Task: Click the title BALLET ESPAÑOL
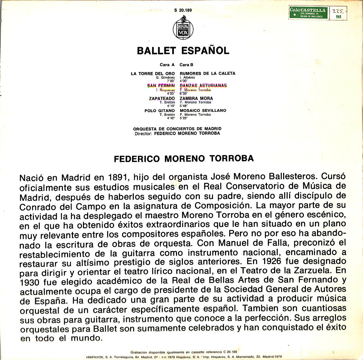(183, 51)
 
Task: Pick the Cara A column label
(167, 65)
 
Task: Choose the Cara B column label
(186, 65)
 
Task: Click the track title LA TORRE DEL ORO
(153, 73)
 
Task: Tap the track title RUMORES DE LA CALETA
(207, 73)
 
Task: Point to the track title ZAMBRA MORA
(196, 99)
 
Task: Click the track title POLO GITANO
(160, 111)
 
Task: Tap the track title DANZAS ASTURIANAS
(203, 85)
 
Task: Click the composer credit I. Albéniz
(187, 78)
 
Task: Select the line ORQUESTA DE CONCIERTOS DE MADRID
(177, 129)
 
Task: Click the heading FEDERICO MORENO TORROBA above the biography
(184, 159)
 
